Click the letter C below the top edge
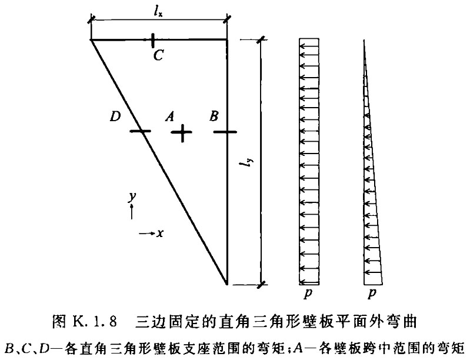pos(158,55)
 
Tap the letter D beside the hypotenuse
pos(115,116)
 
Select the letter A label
pos(170,116)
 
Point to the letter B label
pos(214,116)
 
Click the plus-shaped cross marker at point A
pos(182,132)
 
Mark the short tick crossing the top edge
pos(153,40)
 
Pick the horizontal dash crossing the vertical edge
pos(225,131)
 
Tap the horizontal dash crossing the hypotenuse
pos(140,131)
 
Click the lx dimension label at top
pos(159,12)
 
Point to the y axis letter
pos(132,197)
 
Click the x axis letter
pos(160,233)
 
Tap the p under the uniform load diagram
pos(308,293)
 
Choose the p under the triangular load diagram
pos(372,293)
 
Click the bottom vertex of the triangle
pos(226,284)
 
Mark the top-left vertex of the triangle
pos(91,39)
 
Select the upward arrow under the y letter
pos(132,211)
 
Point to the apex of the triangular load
pos(364,39)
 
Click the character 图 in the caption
pos(59,322)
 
